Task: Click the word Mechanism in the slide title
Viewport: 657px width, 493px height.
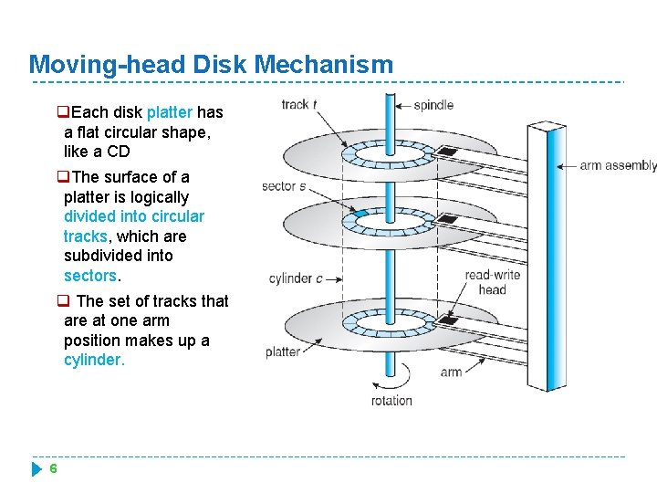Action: pos(325,65)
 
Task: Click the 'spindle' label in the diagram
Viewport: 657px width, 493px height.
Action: pos(433,104)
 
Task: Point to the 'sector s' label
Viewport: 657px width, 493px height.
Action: pos(284,186)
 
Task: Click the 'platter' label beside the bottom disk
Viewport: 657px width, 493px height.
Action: pos(283,351)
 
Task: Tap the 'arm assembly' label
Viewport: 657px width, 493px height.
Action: pos(619,165)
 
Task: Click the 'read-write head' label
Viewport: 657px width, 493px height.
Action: pos(492,282)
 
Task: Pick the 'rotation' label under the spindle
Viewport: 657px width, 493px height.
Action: pos(391,400)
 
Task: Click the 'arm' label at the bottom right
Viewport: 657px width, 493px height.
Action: pos(451,372)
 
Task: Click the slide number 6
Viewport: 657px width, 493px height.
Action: pos(54,468)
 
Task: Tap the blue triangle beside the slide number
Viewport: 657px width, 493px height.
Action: pos(36,469)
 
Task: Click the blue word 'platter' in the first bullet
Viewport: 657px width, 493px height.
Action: pos(169,112)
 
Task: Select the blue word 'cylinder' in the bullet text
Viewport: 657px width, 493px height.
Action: pos(93,360)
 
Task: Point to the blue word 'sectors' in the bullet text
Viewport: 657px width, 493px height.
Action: pos(90,275)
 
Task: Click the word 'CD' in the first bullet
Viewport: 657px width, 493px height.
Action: pos(119,152)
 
